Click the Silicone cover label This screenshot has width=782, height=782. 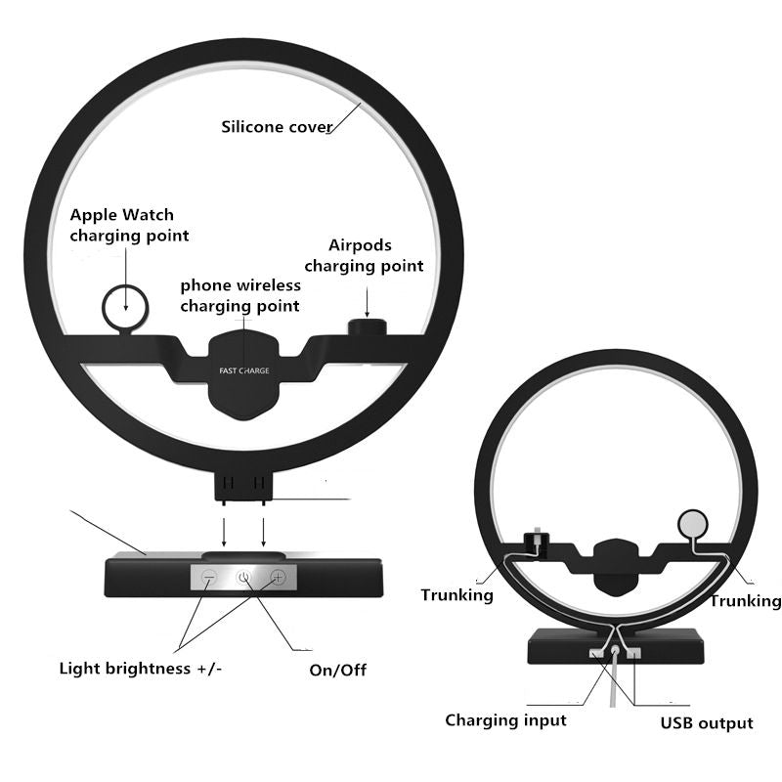click(277, 127)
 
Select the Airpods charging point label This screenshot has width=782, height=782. click(364, 256)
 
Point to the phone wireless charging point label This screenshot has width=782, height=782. click(240, 295)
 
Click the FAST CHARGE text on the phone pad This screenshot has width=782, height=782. click(244, 370)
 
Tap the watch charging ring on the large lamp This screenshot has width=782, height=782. click(126, 305)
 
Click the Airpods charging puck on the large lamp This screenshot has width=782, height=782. click(367, 326)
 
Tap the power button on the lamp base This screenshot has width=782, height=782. click(243, 578)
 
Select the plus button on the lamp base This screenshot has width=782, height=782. click(278, 578)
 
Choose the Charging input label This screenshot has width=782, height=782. click(505, 720)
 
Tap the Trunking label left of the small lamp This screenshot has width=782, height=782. click(456, 594)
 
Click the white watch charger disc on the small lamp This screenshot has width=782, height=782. click(694, 523)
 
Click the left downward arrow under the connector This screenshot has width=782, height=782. click(226, 532)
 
